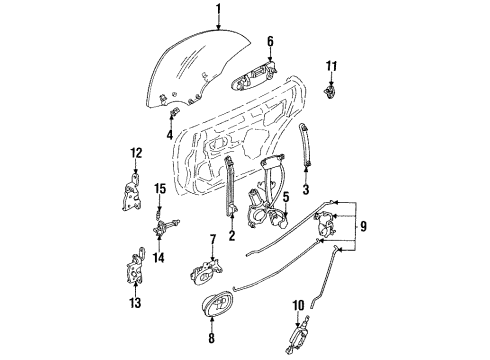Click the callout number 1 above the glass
tap(218, 10)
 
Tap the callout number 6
tap(270, 42)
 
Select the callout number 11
tap(331, 66)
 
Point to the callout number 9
tap(363, 226)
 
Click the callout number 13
tap(135, 303)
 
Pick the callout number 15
tap(160, 189)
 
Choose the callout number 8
tap(211, 338)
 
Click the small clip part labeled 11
tap(330, 92)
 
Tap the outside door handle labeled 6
tap(255, 77)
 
